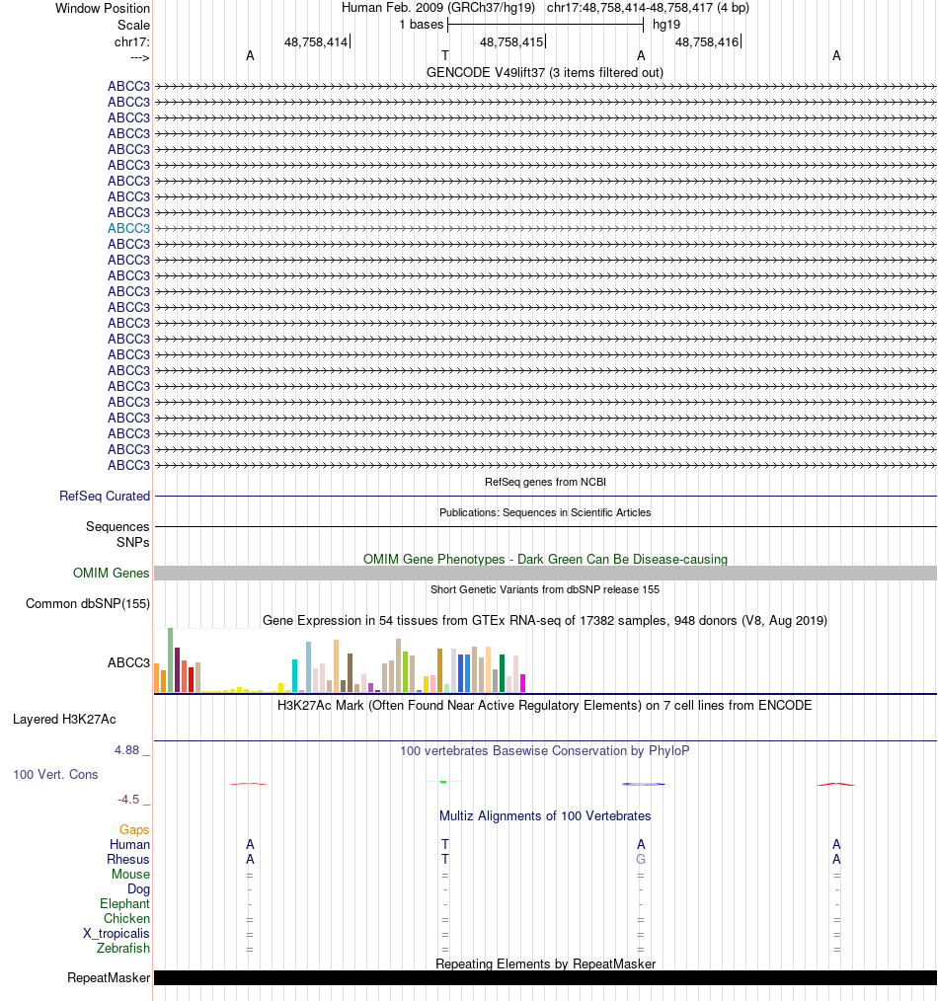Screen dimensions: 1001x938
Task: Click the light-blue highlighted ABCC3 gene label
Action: pos(128,228)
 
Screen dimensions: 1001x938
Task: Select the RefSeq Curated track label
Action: pos(105,497)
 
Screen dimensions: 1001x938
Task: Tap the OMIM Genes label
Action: pos(112,574)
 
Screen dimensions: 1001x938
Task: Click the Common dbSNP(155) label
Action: pos(88,604)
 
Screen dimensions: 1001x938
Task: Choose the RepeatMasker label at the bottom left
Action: pos(109,978)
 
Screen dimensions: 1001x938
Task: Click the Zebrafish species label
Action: pos(123,949)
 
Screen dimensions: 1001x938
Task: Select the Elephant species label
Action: pos(124,904)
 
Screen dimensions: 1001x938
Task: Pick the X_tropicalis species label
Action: pos(117,934)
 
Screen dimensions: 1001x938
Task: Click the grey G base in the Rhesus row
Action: pos(641,860)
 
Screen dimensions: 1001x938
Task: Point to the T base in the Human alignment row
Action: pos(445,845)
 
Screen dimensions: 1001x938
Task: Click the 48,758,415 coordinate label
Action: pos(511,42)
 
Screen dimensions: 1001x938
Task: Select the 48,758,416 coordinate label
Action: pos(707,42)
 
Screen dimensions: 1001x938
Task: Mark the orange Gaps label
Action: pos(134,830)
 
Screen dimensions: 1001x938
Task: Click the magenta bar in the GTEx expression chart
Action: pos(522,682)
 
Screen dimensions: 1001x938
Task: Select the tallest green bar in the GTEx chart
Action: pos(170,659)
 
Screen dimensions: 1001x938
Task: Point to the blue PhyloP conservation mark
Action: pos(643,784)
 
